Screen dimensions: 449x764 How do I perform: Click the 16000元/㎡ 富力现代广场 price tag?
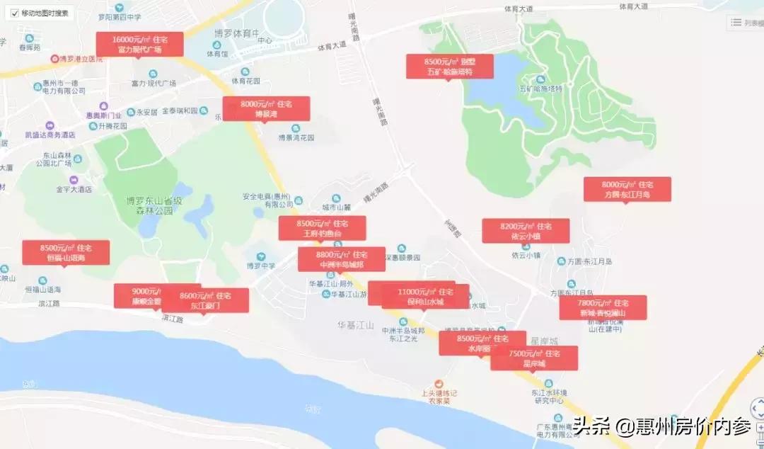139,44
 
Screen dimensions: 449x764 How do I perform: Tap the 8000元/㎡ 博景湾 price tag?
266,108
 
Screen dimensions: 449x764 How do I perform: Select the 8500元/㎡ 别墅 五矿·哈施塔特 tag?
449,66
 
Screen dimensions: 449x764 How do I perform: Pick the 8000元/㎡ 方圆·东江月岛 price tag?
627,189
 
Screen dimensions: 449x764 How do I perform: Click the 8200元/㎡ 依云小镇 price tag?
526,231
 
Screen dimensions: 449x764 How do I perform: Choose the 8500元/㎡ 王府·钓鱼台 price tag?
322,228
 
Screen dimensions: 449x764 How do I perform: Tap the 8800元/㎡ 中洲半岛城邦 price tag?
342,259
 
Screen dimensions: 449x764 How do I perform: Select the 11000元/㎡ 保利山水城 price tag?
425,296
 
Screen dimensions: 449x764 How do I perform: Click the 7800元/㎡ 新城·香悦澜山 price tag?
603,307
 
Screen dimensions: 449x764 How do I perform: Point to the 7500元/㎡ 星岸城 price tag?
534,358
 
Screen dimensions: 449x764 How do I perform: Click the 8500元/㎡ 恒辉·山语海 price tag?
66,253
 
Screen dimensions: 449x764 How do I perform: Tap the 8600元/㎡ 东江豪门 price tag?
206,300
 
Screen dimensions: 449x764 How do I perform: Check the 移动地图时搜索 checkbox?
15,13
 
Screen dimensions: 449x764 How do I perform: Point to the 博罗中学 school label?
260,266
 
